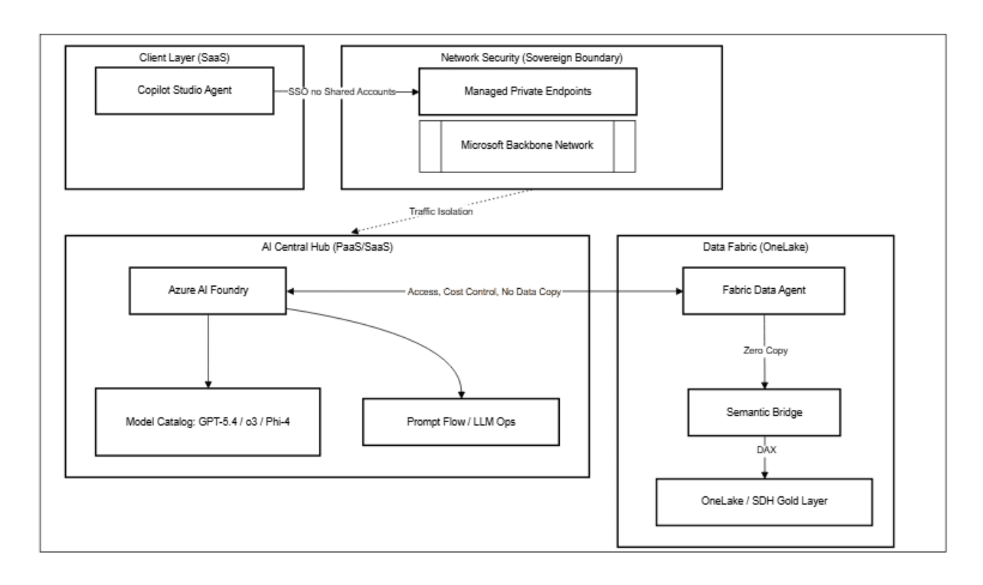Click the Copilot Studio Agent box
tap(183, 92)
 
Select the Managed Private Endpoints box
tap(527, 92)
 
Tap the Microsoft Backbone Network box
tap(527, 145)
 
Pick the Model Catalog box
tap(208, 422)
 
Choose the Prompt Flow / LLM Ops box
tap(461, 422)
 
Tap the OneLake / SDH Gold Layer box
tap(764, 501)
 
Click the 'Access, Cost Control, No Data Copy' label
tap(483, 292)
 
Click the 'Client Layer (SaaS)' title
tap(183, 56)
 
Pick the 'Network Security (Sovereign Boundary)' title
tap(527, 56)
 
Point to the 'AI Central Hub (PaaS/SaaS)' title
tap(326, 246)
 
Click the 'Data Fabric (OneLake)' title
tap(756, 246)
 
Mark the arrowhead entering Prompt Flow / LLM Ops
tap(461, 394)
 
